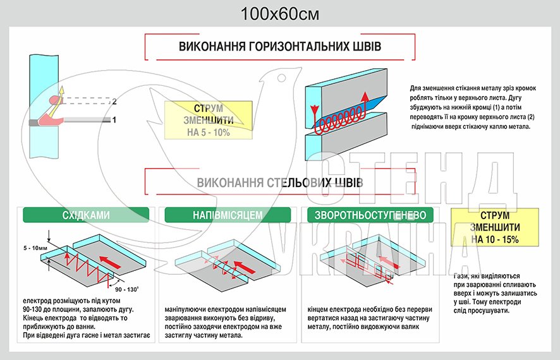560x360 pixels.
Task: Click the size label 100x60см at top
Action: (x=279, y=13)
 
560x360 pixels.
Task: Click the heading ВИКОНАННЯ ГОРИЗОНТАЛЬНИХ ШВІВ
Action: (x=280, y=47)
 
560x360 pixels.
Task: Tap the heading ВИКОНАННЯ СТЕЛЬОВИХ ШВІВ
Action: (x=280, y=183)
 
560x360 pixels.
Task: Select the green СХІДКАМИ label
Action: (x=86, y=215)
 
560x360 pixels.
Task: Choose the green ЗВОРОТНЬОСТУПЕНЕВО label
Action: (x=370, y=215)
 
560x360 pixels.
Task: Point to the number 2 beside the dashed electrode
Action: (x=114, y=101)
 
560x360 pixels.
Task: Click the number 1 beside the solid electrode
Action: (x=114, y=119)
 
